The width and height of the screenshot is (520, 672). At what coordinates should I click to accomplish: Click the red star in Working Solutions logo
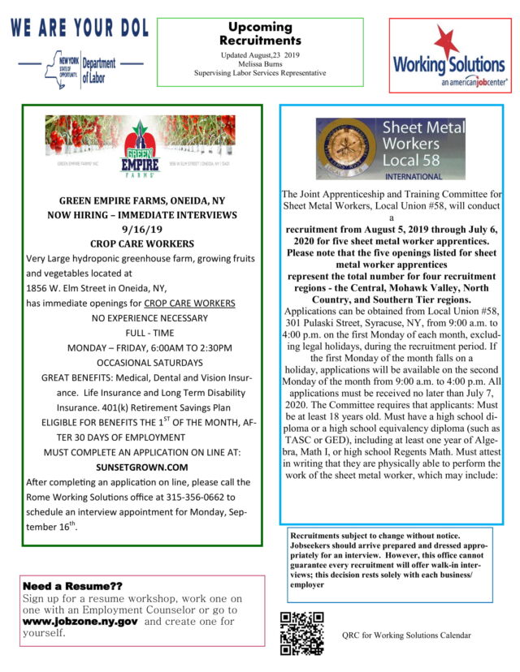(x=446, y=41)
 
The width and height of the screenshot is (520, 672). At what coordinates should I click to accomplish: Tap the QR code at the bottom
(x=301, y=632)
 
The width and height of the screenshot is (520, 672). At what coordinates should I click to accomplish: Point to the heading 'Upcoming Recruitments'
(x=260, y=33)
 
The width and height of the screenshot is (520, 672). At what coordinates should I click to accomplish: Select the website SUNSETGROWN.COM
(x=142, y=467)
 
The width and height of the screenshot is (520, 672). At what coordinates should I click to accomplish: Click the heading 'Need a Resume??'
(x=73, y=586)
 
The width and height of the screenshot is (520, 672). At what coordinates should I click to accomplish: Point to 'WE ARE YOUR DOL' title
(x=79, y=28)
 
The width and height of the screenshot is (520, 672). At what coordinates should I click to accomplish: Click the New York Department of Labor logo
(x=80, y=69)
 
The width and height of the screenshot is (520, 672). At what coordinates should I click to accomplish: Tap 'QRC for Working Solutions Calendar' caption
(x=406, y=635)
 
